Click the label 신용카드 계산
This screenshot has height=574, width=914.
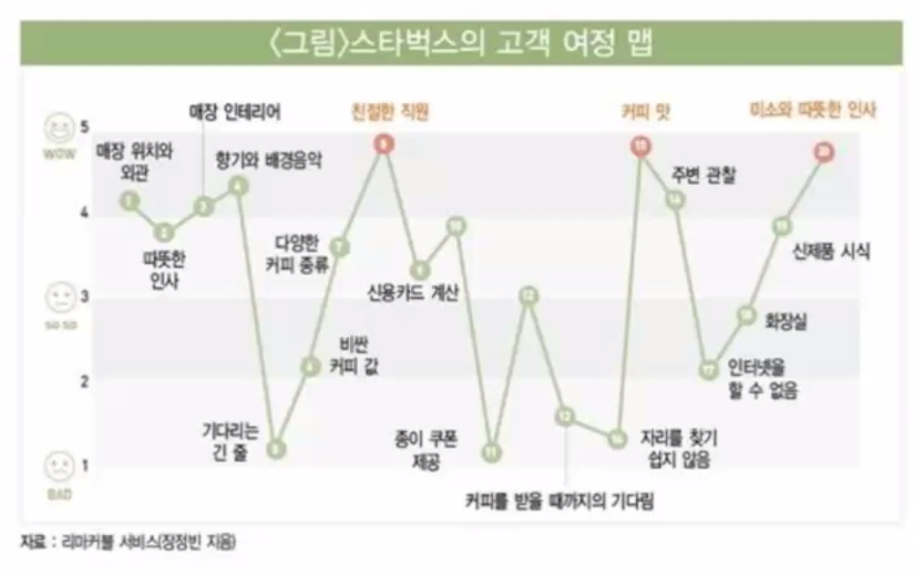pos(415,293)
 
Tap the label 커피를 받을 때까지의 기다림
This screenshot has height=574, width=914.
pos(560,500)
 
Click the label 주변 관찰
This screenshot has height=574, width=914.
pos(703,175)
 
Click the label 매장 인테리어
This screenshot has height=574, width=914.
pos(234,113)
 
